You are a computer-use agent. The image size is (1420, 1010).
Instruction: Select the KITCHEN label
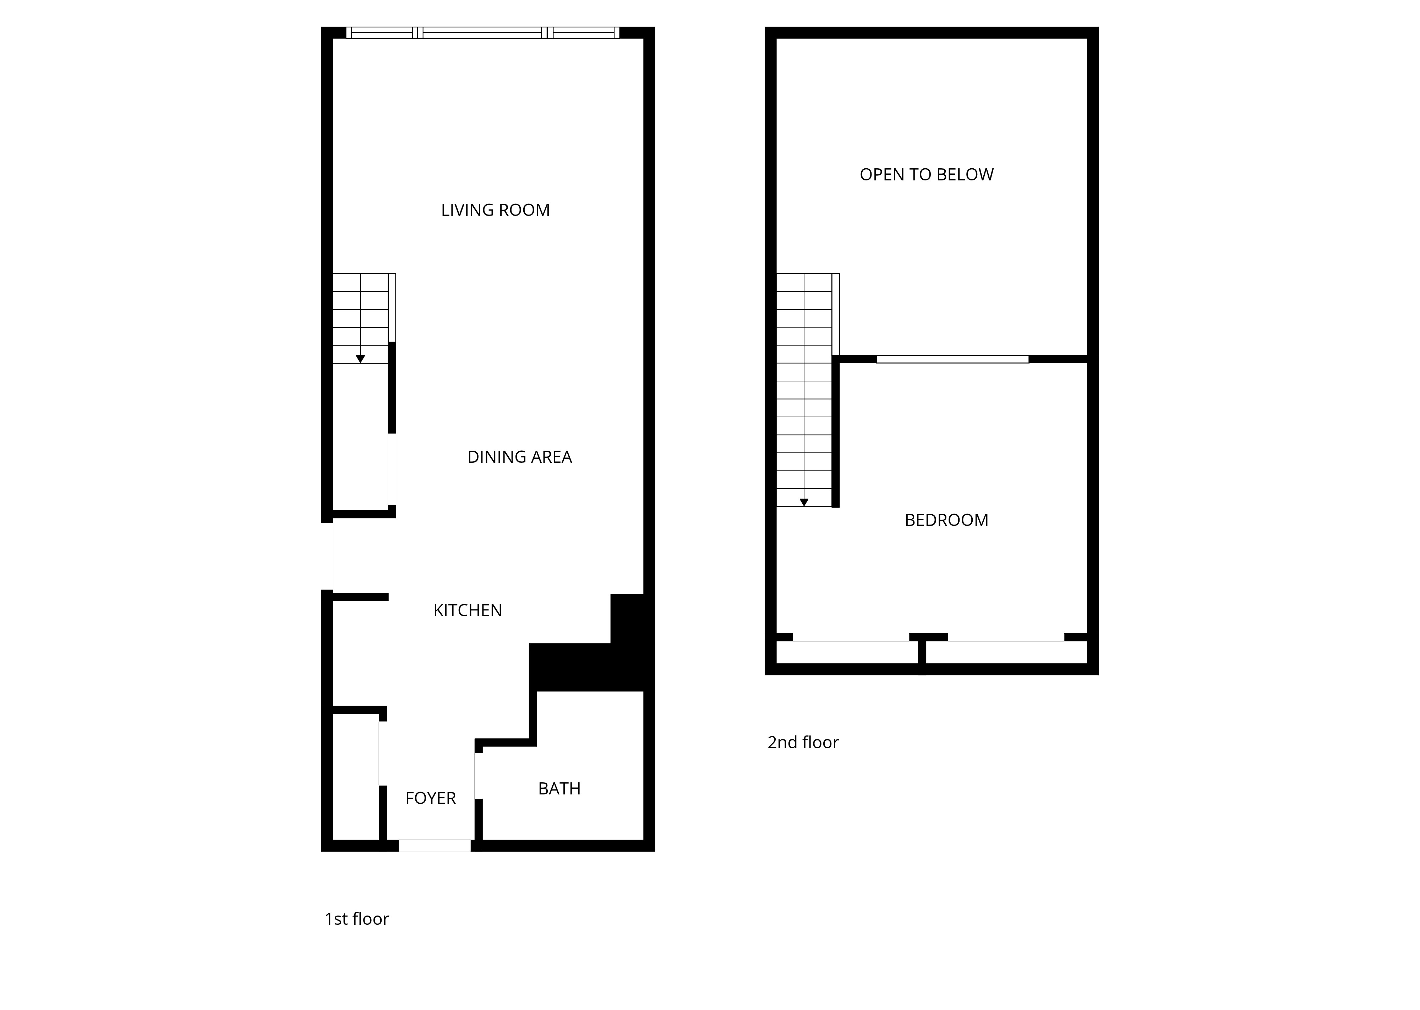pyautogui.click(x=468, y=610)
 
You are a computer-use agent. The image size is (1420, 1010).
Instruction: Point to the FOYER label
pyautogui.click(x=430, y=798)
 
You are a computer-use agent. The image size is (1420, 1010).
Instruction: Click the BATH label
pyautogui.click(x=559, y=789)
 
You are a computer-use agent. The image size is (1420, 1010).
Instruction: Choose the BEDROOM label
pyautogui.click(x=946, y=520)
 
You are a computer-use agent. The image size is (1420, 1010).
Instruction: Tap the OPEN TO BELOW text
pyautogui.click(x=926, y=175)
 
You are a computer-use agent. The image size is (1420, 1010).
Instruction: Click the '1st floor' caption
pyautogui.click(x=356, y=919)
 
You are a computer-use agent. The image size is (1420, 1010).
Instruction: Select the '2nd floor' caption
pyautogui.click(x=803, y=742)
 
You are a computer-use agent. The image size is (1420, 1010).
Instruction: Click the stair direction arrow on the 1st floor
pyautogui.click(x=360, y=359)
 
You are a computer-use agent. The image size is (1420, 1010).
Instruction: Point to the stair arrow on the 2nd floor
pyautogui.click(x=804, y=502)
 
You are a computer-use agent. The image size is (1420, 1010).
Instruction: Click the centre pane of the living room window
pyautogui.click(x=482, y=32)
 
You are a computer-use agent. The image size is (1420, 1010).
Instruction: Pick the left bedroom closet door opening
pyautogui.click(x=851, y=637)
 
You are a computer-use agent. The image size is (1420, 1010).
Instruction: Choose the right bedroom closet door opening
pyautogui.click(x=1005, y=637)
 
